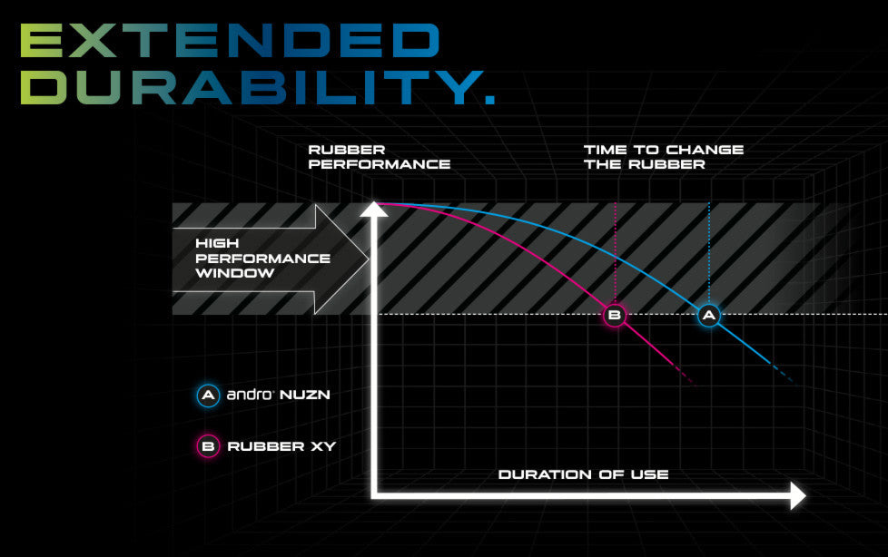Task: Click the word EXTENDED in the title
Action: pyautogui.click(x=230, y=40)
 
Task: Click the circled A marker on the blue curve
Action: pyautogui.click(x=708, y=316)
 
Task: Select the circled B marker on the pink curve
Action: pyautogui.click(x=615, y=316)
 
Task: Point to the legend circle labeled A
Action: pyautogui.click(x=208, y=396)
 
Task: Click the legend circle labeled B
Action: pyautogui.click(x=208, y=446)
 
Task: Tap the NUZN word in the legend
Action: pyautogui.click(x=305, y=395)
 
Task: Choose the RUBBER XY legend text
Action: pyautogui.click(x=281, y=446)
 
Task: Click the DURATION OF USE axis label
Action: pyautogui.click(x=583, y=474)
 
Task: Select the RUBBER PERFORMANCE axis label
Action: pyautogui.click(x=379, y=157)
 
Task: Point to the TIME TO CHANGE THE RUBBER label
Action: pyautogui.click(x=663, y=157)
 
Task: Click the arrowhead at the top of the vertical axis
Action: pyautogui.click(x=374, y=210)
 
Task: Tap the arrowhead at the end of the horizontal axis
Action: pyautogui.click(x=797, y=496)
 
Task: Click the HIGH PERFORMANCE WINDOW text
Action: pyautogui.click(x=262, y=259)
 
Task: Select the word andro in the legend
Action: pyautogui.click(x=250, y=395)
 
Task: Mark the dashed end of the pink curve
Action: pyautogui.click(x=684, y=376)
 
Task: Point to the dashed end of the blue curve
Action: pyautogui.click(x=784, y=374)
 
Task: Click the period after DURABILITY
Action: pyautogui.click(x=490, y=100)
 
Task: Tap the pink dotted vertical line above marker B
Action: pyautogui.click(x=615, y=253)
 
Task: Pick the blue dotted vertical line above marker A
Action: pyautogui.click(x=709, y=253)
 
